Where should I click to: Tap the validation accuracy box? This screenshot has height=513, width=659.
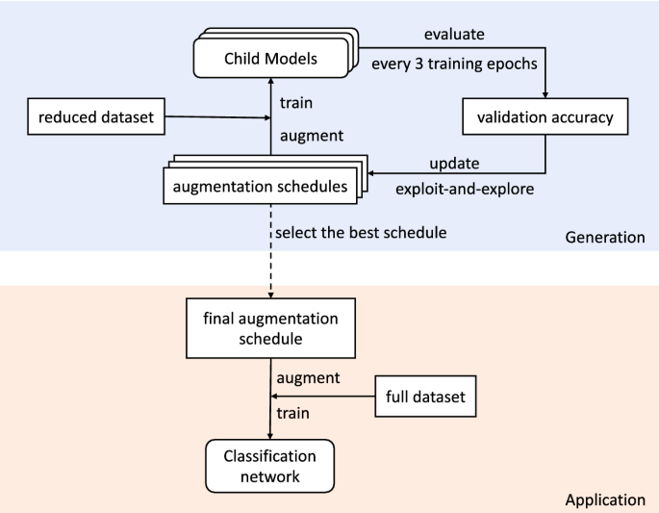[545, 119]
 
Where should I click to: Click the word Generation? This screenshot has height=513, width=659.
[604, 237]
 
